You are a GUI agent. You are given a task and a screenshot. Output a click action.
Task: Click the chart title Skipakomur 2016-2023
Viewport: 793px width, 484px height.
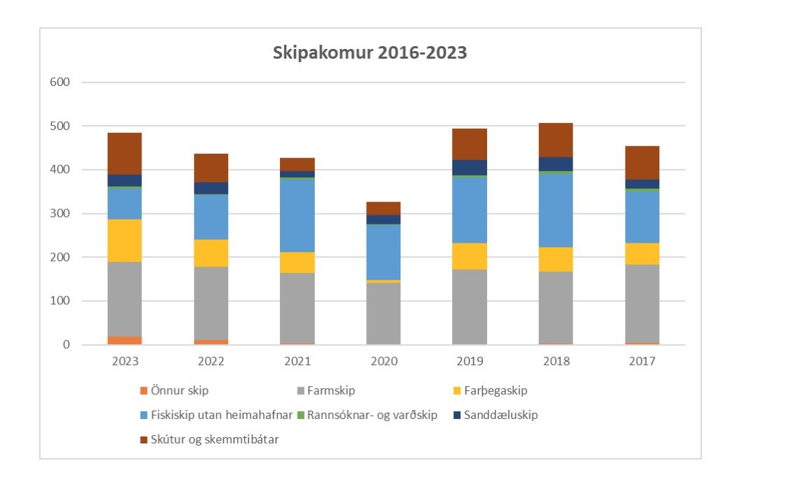pyautogui.click(x=370, y=53)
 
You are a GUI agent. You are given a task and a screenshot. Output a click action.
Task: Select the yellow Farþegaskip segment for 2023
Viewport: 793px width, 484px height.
pyautogui.click(x=125, y=241)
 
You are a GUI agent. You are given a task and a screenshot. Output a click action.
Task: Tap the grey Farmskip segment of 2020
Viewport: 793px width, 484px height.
pyautogui.click(x=384, y=313)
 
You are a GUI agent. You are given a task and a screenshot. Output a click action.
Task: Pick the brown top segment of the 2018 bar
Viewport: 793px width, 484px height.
pyautogui.click(x=556, y=140)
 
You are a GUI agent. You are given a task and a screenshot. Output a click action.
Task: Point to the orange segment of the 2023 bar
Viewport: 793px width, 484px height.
pyautogui.click(x=125, y=341)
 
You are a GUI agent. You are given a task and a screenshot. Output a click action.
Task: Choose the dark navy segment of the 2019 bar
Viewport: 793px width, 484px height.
pyautogui.click(x=470, y=168)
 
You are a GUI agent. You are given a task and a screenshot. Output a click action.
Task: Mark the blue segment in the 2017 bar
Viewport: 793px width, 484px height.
pyautogui.click(x=642, y=217)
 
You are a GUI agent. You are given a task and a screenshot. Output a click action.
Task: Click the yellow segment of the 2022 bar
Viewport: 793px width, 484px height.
pyautogui.click(x=211, y=253)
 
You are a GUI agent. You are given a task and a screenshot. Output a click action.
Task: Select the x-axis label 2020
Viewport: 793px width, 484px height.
pyautogui.click(x=384, y=362)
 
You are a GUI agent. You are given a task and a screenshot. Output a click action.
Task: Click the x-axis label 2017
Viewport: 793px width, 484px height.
pyautogui.click(x=642, y=362)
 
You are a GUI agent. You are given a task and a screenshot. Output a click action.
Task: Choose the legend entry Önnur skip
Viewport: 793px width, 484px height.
pyautogui.click(x=179, y=391)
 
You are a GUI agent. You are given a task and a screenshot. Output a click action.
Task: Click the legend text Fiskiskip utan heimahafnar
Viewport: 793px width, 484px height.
pyautogui.click(x=221, y=415)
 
